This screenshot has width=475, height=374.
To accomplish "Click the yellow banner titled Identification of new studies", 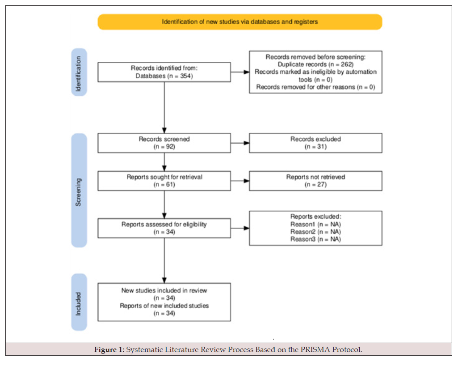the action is (x=240, y=22).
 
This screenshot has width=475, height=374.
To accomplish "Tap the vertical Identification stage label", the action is (x=79, y=72).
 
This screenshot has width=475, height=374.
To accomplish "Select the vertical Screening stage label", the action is (x=79, y=191).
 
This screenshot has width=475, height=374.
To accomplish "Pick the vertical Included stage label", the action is (x=79, y=302).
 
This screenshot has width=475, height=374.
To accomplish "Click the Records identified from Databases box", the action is (x=164, y=72).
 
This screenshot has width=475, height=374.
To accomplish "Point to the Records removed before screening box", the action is (x=315, y=72).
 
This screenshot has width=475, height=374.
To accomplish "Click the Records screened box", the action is (x=164, y=143).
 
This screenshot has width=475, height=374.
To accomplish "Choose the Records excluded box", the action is (x=315, y=143).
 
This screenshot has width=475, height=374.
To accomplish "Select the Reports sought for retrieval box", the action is (x=164, y=181).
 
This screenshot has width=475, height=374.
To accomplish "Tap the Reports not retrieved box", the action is (x=315, y=181).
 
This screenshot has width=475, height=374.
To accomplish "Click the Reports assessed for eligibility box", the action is (x=164, y=228).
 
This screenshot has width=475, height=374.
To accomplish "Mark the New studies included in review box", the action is (x=164, y=302).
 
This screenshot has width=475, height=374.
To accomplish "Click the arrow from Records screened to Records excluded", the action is (x=240, y=143).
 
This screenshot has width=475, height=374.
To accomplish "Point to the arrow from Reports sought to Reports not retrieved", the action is (x=240, y=181).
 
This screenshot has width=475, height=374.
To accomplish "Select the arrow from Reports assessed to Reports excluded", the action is (x=240, y=228).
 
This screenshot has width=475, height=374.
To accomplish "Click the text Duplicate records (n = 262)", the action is (x=315, y=64).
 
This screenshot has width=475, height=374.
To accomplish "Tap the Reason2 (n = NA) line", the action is (x=315, y=232).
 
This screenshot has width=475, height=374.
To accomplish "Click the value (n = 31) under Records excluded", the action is (x=315, y=147).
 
